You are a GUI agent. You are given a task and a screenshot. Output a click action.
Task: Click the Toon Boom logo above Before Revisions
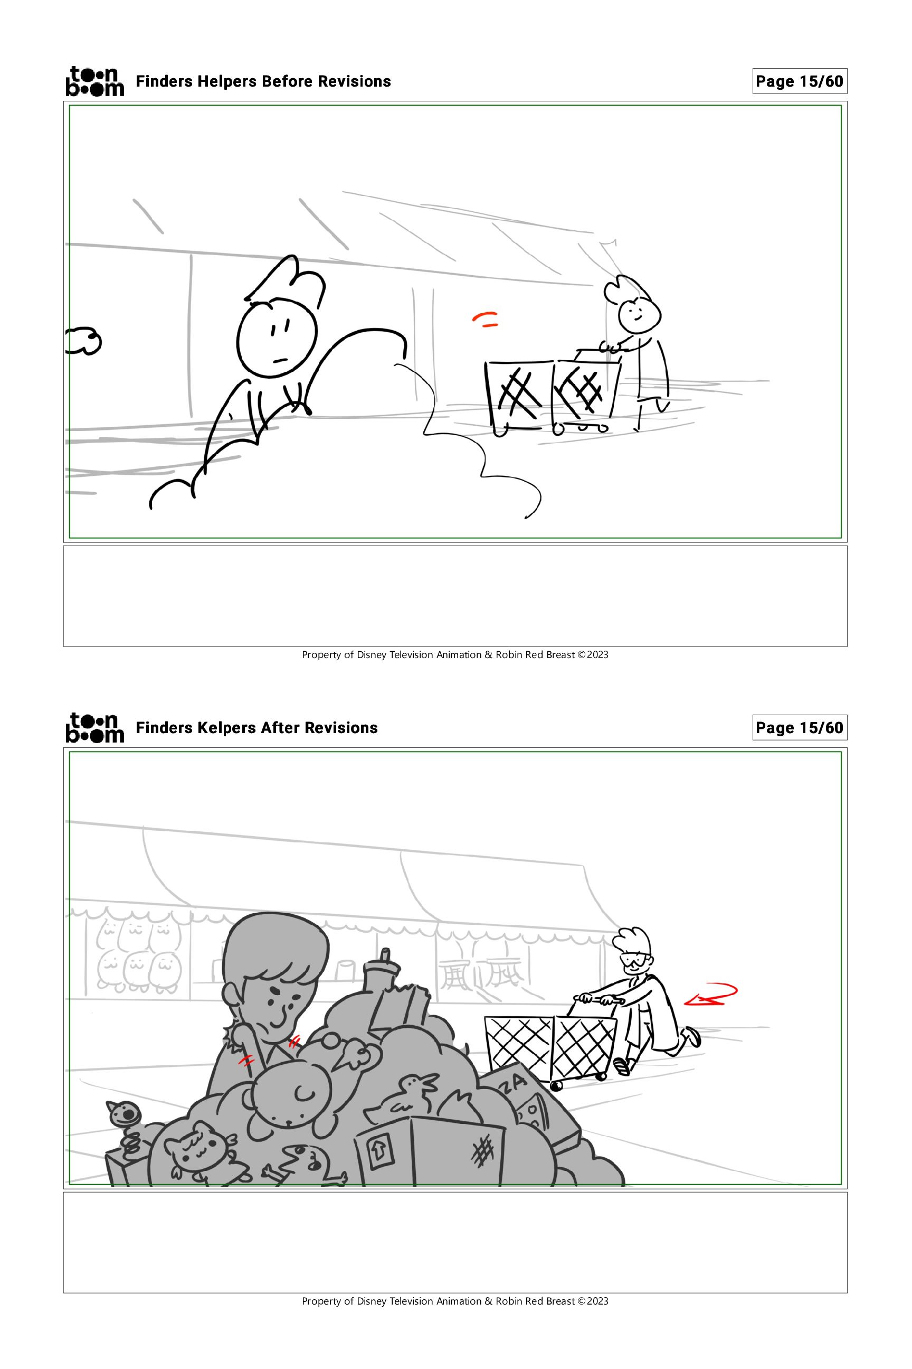pyautogui.click(x=94, y=81)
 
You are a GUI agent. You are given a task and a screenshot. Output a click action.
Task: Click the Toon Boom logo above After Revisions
pyautogui.click(x=94, y=728)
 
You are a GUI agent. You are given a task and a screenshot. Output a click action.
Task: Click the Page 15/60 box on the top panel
pyautogui.click(x=799, y=81)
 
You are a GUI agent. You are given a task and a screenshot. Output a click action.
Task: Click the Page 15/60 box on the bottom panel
pyautogui.click(x=799, y=728)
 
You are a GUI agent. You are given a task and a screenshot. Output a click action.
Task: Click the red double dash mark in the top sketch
pyautogui.click(x=485, y=319)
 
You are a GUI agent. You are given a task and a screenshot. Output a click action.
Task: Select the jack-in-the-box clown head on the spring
pyautogui.click(x=124, y=1113)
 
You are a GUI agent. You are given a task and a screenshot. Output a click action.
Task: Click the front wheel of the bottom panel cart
pyautogui.click(x=556, y=1085)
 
